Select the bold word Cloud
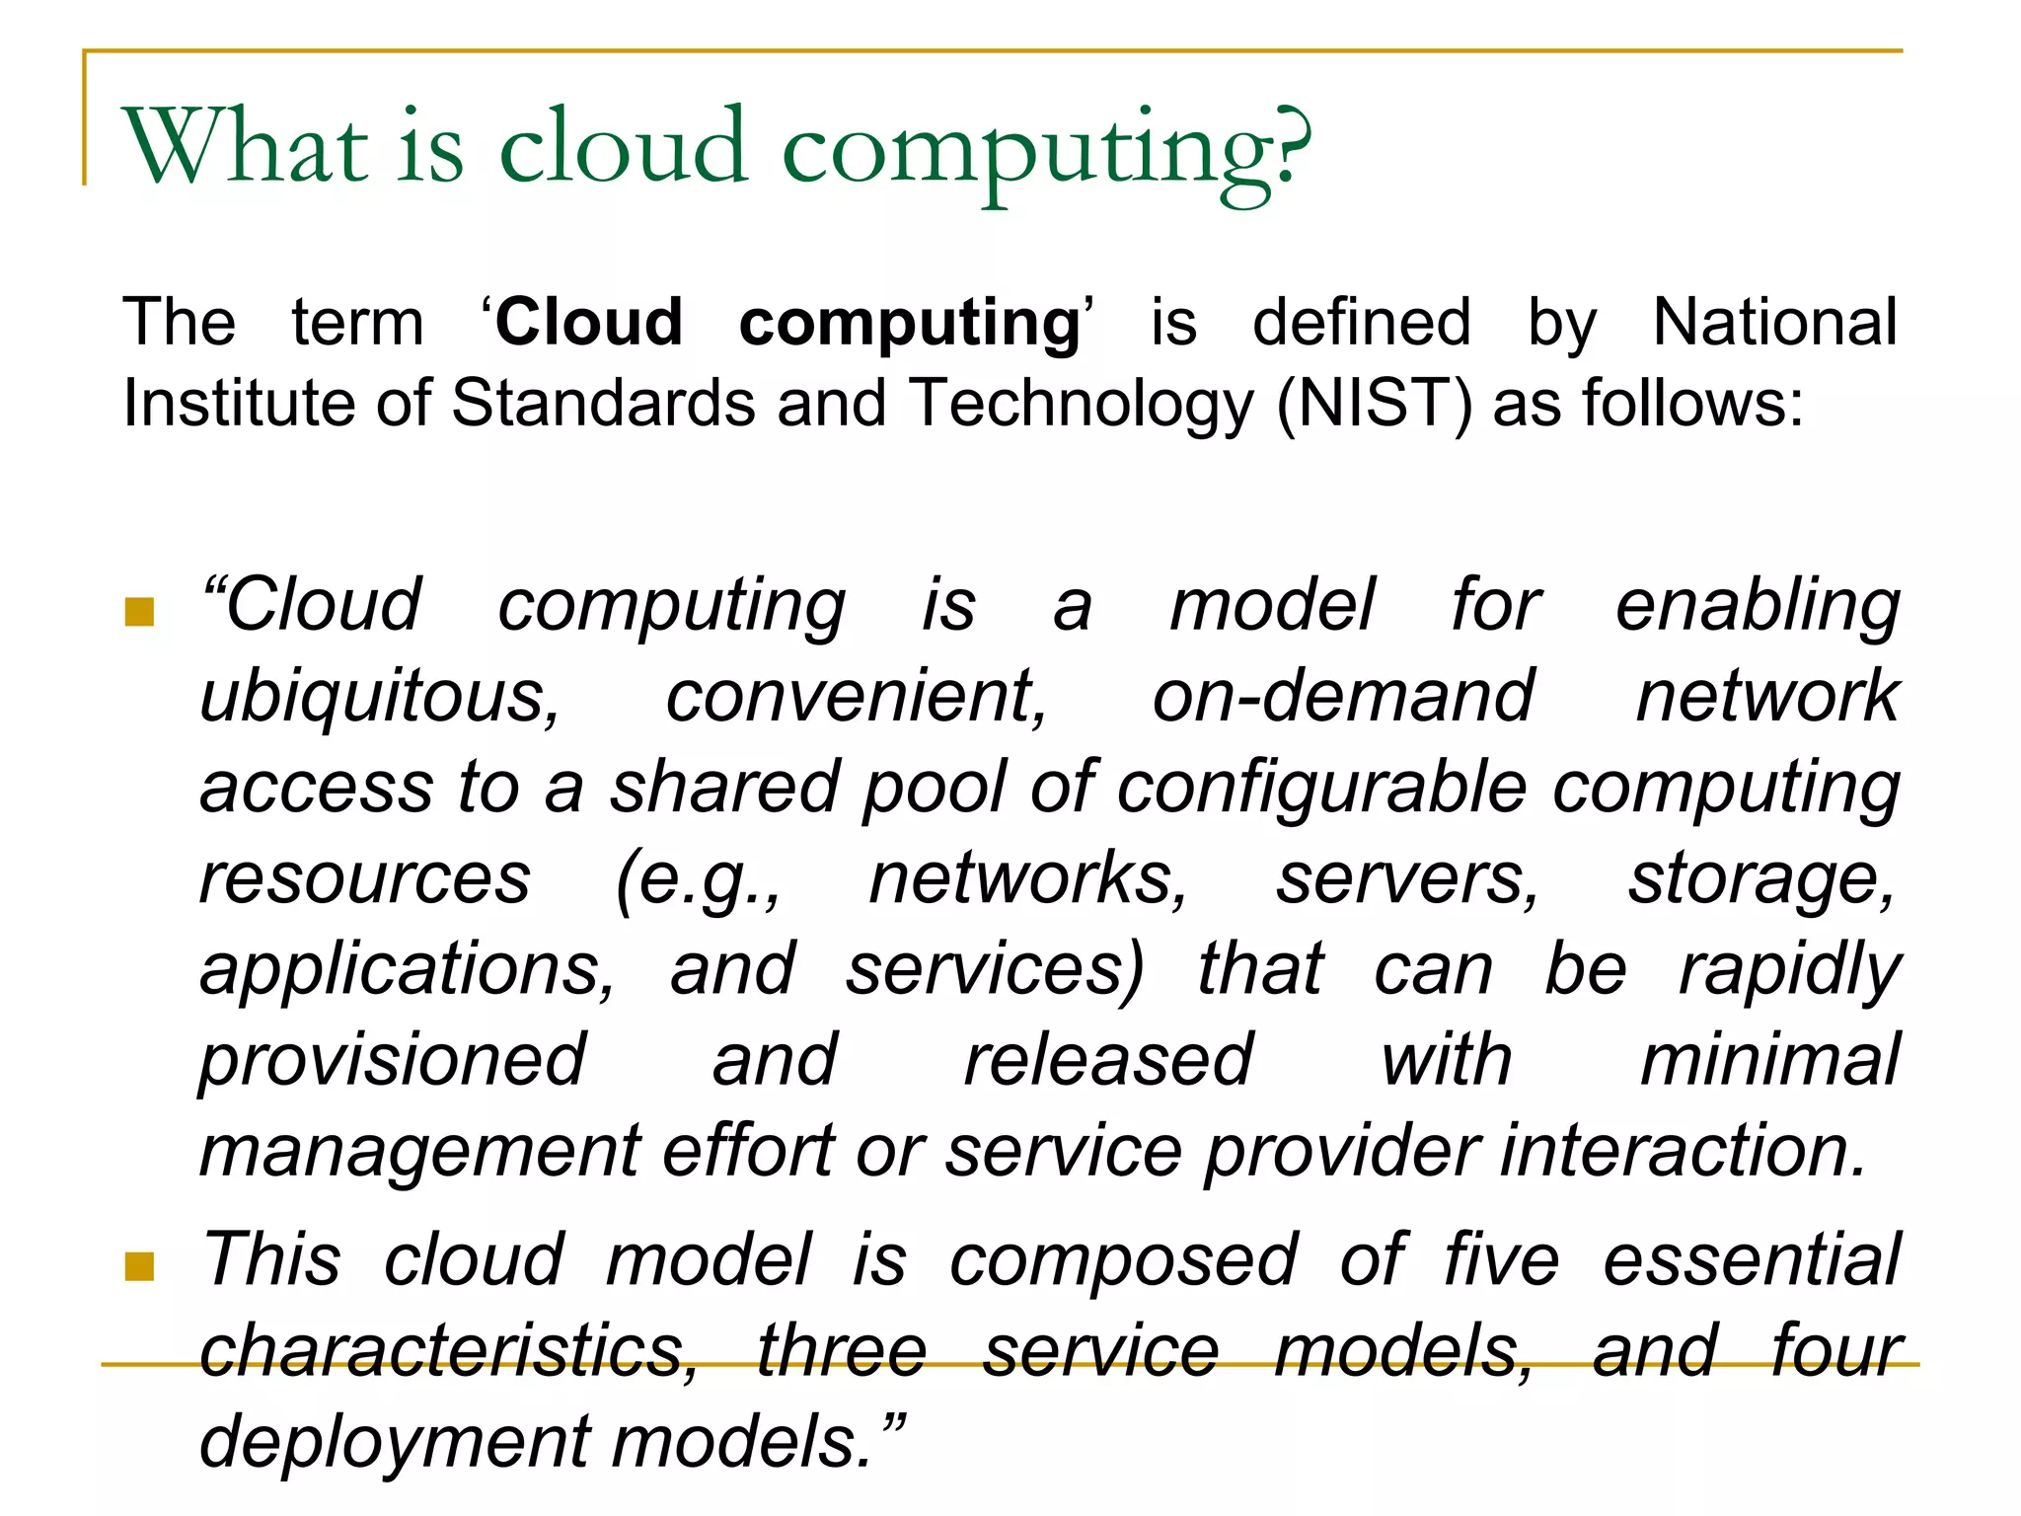589,323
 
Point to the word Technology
1081,406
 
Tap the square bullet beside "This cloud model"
140,1266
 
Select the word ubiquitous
380,698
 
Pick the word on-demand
1342,696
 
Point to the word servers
1406,878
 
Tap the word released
1108,1060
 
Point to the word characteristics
449,1351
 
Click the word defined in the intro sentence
1362,323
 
